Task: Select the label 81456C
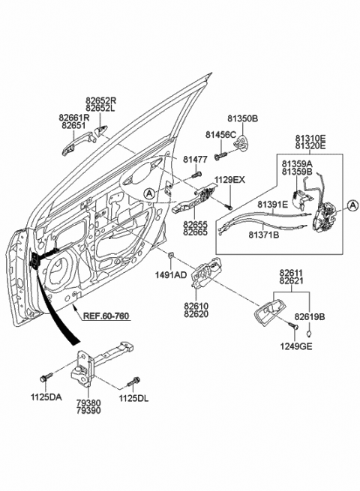click(x=221, y=135)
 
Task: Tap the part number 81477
click(x=195, y=160)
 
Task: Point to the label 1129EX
click(x=229, y=181)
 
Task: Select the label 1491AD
click(x=171, y=275)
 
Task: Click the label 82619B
click(x=309, y=317)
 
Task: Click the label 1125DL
click(x=134, y=399)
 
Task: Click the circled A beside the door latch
click(x=351, y=207)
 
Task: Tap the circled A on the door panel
click(x=150, y=193)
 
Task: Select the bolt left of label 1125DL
click(x=135, y=380)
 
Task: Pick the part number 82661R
click(x=74, y=118)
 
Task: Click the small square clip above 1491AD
click(x=172, y=257)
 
